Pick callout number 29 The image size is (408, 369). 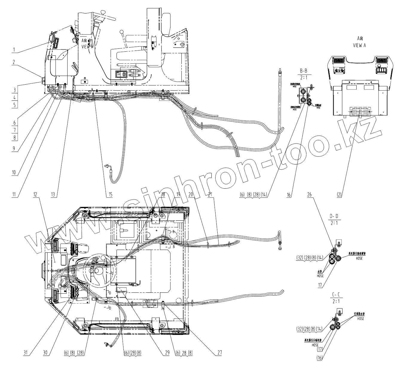tap(164, 353)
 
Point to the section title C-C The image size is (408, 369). tap(337, 295)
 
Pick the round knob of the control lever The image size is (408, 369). tap(121, 32)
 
